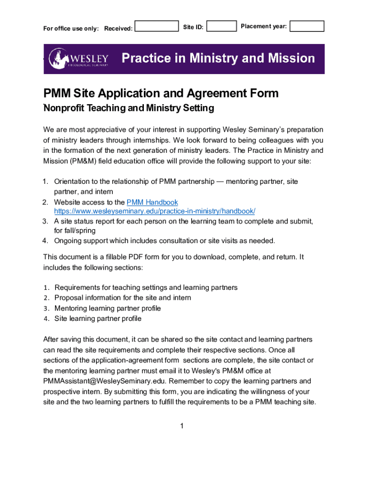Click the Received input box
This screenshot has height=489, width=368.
coord(156,26)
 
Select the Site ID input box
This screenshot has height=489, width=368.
coord(222,26)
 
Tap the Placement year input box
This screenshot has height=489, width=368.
coord(307,26)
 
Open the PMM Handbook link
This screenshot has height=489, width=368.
coord(152,202)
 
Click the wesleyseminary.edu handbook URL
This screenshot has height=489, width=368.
coord(154,211)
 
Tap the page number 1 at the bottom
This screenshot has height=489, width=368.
coord(182,426)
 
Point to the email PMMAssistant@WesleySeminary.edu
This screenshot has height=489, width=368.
coord(104,381)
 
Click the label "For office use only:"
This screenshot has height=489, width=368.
coord(71,29)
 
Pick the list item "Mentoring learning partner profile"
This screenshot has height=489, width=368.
coord(108,308)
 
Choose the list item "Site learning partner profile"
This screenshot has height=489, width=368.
coord(98,319)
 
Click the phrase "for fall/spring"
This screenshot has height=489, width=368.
coord(75,231)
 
